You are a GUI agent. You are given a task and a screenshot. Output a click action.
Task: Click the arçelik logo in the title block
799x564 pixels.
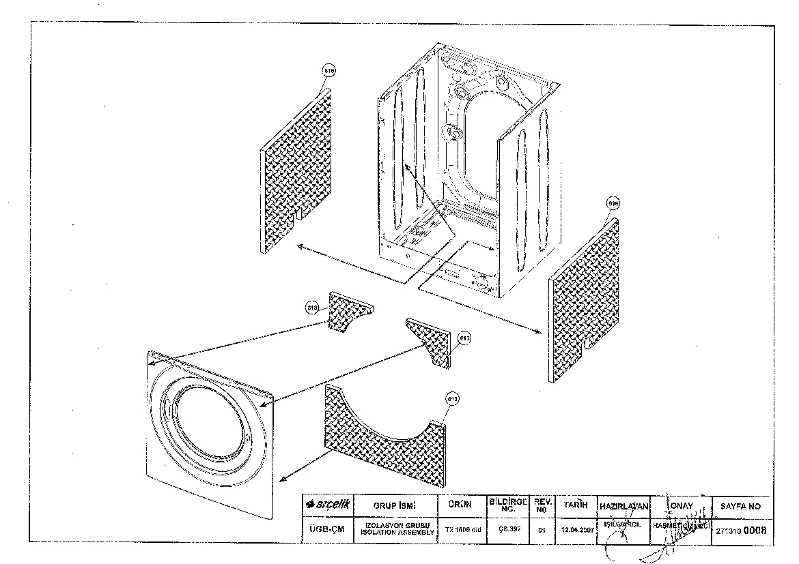coord(328,505)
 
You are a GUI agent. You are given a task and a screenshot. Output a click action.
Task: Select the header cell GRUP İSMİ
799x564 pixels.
coord(395,505)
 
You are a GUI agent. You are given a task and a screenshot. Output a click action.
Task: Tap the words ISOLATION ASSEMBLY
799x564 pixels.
coord(395,532)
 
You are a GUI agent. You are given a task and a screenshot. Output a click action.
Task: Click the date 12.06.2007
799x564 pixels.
coord(575,529)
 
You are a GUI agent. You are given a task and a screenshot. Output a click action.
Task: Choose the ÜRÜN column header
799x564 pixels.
coord(460,505)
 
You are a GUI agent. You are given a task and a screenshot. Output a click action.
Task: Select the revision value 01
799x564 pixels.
coord(542,529)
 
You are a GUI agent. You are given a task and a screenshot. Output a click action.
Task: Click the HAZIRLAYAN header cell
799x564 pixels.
coord(623,507)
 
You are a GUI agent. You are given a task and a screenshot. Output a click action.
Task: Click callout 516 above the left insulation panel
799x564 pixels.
coord(330,71)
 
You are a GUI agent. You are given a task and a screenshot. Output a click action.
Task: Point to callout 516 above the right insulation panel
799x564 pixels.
coord(613,203)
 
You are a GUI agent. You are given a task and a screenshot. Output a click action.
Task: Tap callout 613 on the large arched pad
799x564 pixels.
coord(451,398)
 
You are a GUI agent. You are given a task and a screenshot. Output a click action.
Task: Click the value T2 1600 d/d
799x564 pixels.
coord(460,529)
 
